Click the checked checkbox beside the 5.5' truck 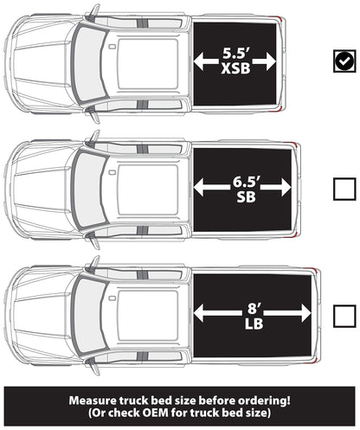344,61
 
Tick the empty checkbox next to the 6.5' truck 344,189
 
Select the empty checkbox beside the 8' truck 344,316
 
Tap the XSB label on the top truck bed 235,68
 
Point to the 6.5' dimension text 247,182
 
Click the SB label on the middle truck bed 246,197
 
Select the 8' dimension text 254,309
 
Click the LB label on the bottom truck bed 254,324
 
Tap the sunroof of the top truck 148,64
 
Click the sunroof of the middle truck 148,189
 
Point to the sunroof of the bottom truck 148,316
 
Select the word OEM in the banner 155,413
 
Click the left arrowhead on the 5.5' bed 199,61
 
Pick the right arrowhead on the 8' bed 305,313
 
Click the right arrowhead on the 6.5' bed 286,187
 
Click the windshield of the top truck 89,64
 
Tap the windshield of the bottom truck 89,316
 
